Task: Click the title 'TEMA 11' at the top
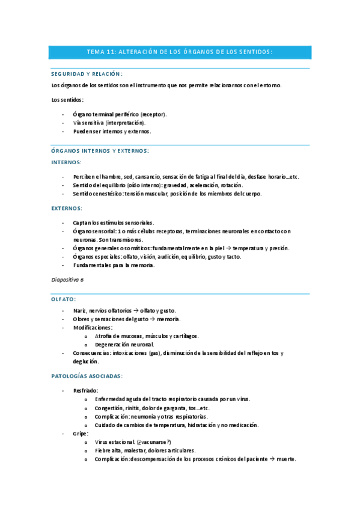[101, 52]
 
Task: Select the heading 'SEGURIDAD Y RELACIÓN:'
[87, 74]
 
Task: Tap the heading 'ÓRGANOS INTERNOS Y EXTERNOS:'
[100, 151]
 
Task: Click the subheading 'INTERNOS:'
[67, 162]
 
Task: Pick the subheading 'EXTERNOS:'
[67, 208]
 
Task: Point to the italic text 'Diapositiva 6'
[67, 280]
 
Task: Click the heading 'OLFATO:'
[64, 298]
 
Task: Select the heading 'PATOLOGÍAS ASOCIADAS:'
[87, 376]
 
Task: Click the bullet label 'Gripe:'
[81, 433]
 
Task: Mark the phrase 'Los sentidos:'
[67, 100]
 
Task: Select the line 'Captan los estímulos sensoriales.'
[113, 223]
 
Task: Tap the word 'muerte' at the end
[286, 459]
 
